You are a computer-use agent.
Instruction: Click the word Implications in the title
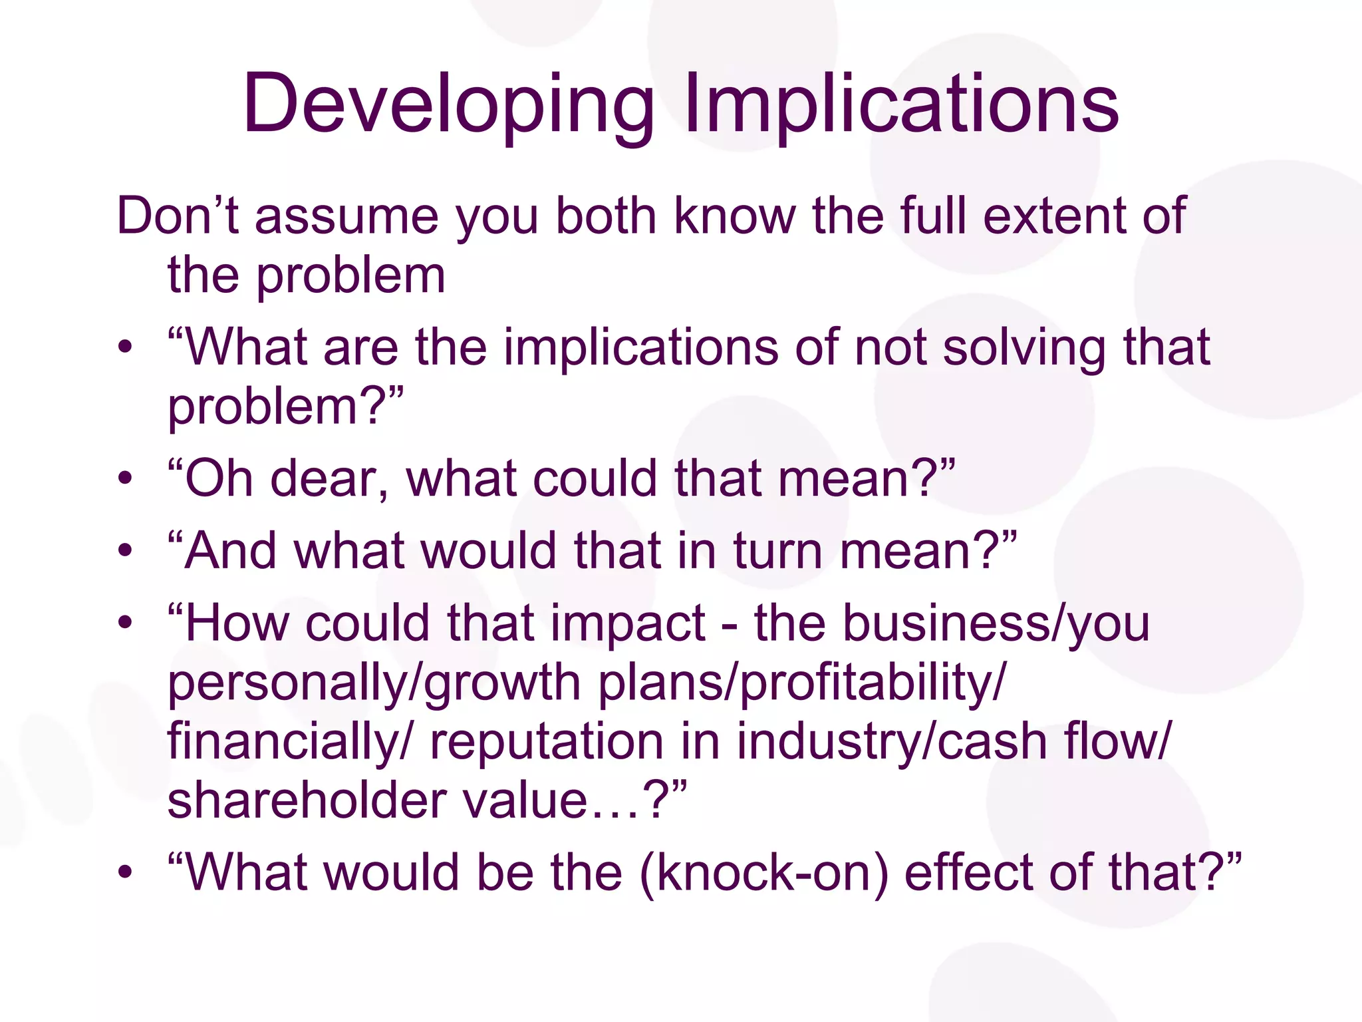click(x=901, y=105)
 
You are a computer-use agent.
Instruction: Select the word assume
click(x=346, y=216)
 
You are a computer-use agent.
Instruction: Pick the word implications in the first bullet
click(x=640, y=348)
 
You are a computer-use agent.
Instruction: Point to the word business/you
click(x=951, y=623)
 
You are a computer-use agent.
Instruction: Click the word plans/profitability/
click(x=803, y=683)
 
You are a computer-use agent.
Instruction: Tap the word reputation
click(x=547, y=742)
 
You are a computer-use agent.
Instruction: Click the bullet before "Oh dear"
click(x=125, y=478)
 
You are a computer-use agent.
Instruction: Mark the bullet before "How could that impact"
click(x=125, y=623)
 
